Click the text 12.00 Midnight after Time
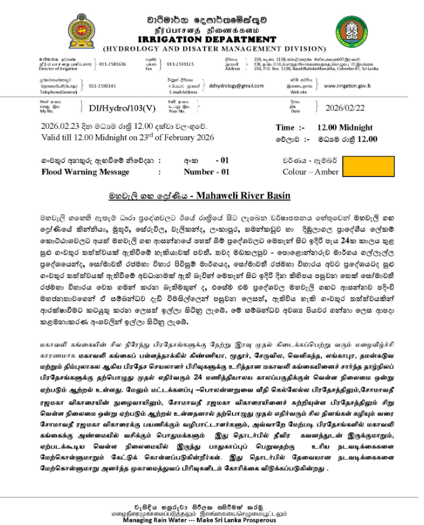[345, 128]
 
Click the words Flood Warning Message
[85, 172]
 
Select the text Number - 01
[206, 172]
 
